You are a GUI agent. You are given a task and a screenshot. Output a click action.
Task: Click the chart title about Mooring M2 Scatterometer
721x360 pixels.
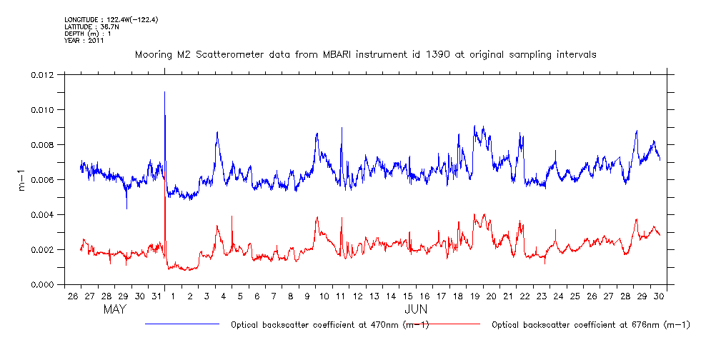366,54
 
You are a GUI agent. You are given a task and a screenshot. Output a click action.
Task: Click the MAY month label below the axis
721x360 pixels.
115,310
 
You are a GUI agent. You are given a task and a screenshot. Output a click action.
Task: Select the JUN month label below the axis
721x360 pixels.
416,310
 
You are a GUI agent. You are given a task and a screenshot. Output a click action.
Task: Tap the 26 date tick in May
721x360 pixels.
72,296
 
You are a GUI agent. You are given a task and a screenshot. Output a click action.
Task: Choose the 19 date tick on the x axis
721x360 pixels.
474,296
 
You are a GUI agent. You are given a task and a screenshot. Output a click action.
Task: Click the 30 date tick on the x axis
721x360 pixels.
658,296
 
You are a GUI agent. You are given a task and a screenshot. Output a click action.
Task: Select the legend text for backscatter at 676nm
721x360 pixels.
591,325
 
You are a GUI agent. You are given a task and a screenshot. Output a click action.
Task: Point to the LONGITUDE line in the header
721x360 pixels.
111,19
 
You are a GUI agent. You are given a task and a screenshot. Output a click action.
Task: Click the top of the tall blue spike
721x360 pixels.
165,92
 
